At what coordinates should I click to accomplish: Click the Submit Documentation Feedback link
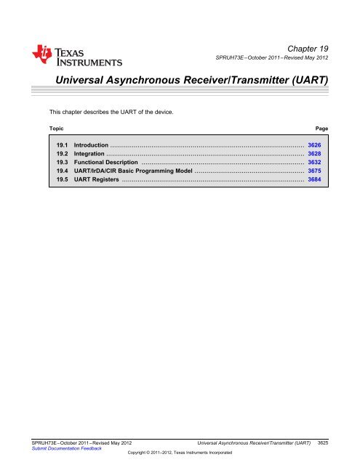pos(63,448)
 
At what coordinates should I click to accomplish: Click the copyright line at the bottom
pos(180,453)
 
